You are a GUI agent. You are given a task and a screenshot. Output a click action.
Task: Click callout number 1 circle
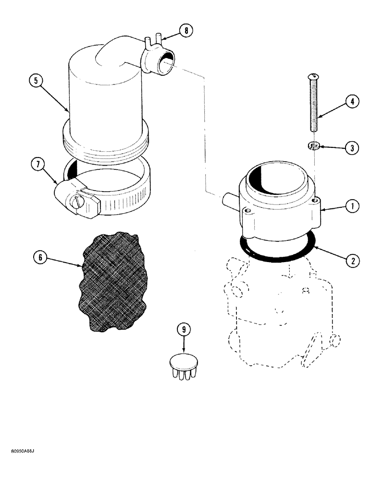point(352,207)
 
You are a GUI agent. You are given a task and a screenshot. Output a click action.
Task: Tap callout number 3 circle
point(352,148)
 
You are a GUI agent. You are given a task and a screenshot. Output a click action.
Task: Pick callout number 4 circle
point(352,102)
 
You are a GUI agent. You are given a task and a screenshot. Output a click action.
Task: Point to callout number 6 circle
point(40,258)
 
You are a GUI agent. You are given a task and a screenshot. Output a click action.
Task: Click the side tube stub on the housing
point(229,201)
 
